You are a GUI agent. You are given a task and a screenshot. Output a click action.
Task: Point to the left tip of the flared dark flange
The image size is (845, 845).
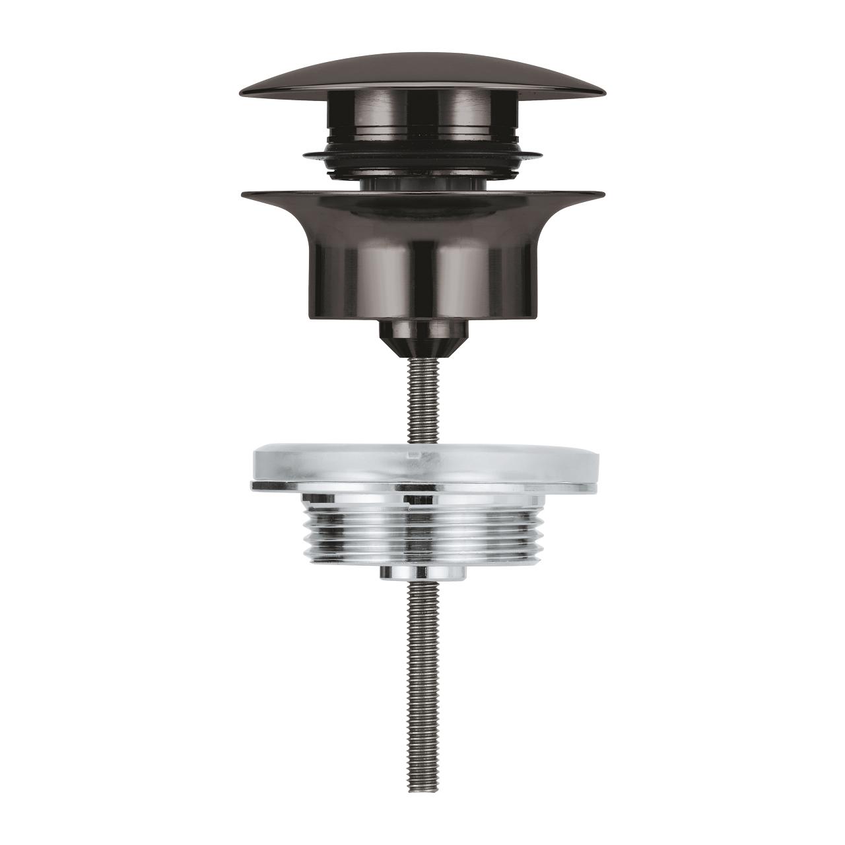coord(243,194)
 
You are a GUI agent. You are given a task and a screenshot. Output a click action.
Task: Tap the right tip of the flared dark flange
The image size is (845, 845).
coord(603,194)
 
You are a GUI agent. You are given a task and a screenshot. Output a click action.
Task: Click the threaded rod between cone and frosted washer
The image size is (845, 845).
coord(422,403)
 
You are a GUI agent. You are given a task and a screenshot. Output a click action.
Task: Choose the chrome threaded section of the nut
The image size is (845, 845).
coord(422,528)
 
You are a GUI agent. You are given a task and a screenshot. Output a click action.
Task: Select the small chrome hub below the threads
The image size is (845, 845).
coord(422,573)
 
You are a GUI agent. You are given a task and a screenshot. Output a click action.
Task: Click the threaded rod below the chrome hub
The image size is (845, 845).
coord(422,647)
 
